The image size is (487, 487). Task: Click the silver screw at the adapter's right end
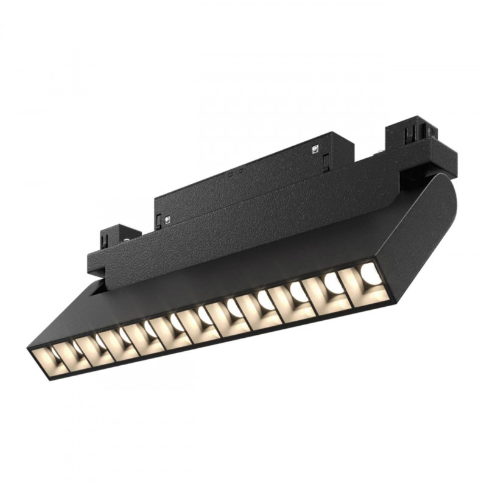tap(315, 148)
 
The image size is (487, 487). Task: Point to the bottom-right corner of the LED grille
tap(389, 298)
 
